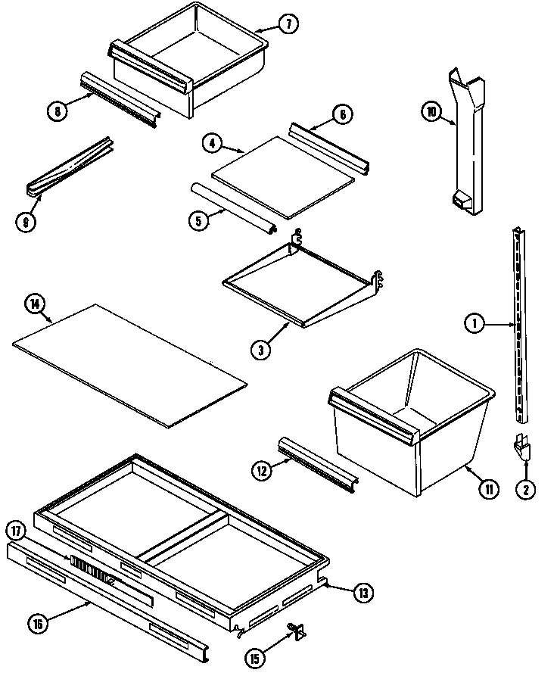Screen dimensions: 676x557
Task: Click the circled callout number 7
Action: pyautogui.click(x=288, y=23)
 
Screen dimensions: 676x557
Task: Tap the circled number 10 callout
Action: pyautogui.click(x=431, y=113)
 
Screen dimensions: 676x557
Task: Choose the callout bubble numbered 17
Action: pyautogui.click(x=16, y=529)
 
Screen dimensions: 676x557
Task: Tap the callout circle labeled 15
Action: pyautogui.click(x=257, y=659)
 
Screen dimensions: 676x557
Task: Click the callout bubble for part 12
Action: pyautogui.click(x=262, y=470)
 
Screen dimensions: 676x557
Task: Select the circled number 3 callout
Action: pyautogui.click(x=261, y=350)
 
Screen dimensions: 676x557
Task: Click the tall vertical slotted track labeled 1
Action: pyautogui.click(x=518, y=326)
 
